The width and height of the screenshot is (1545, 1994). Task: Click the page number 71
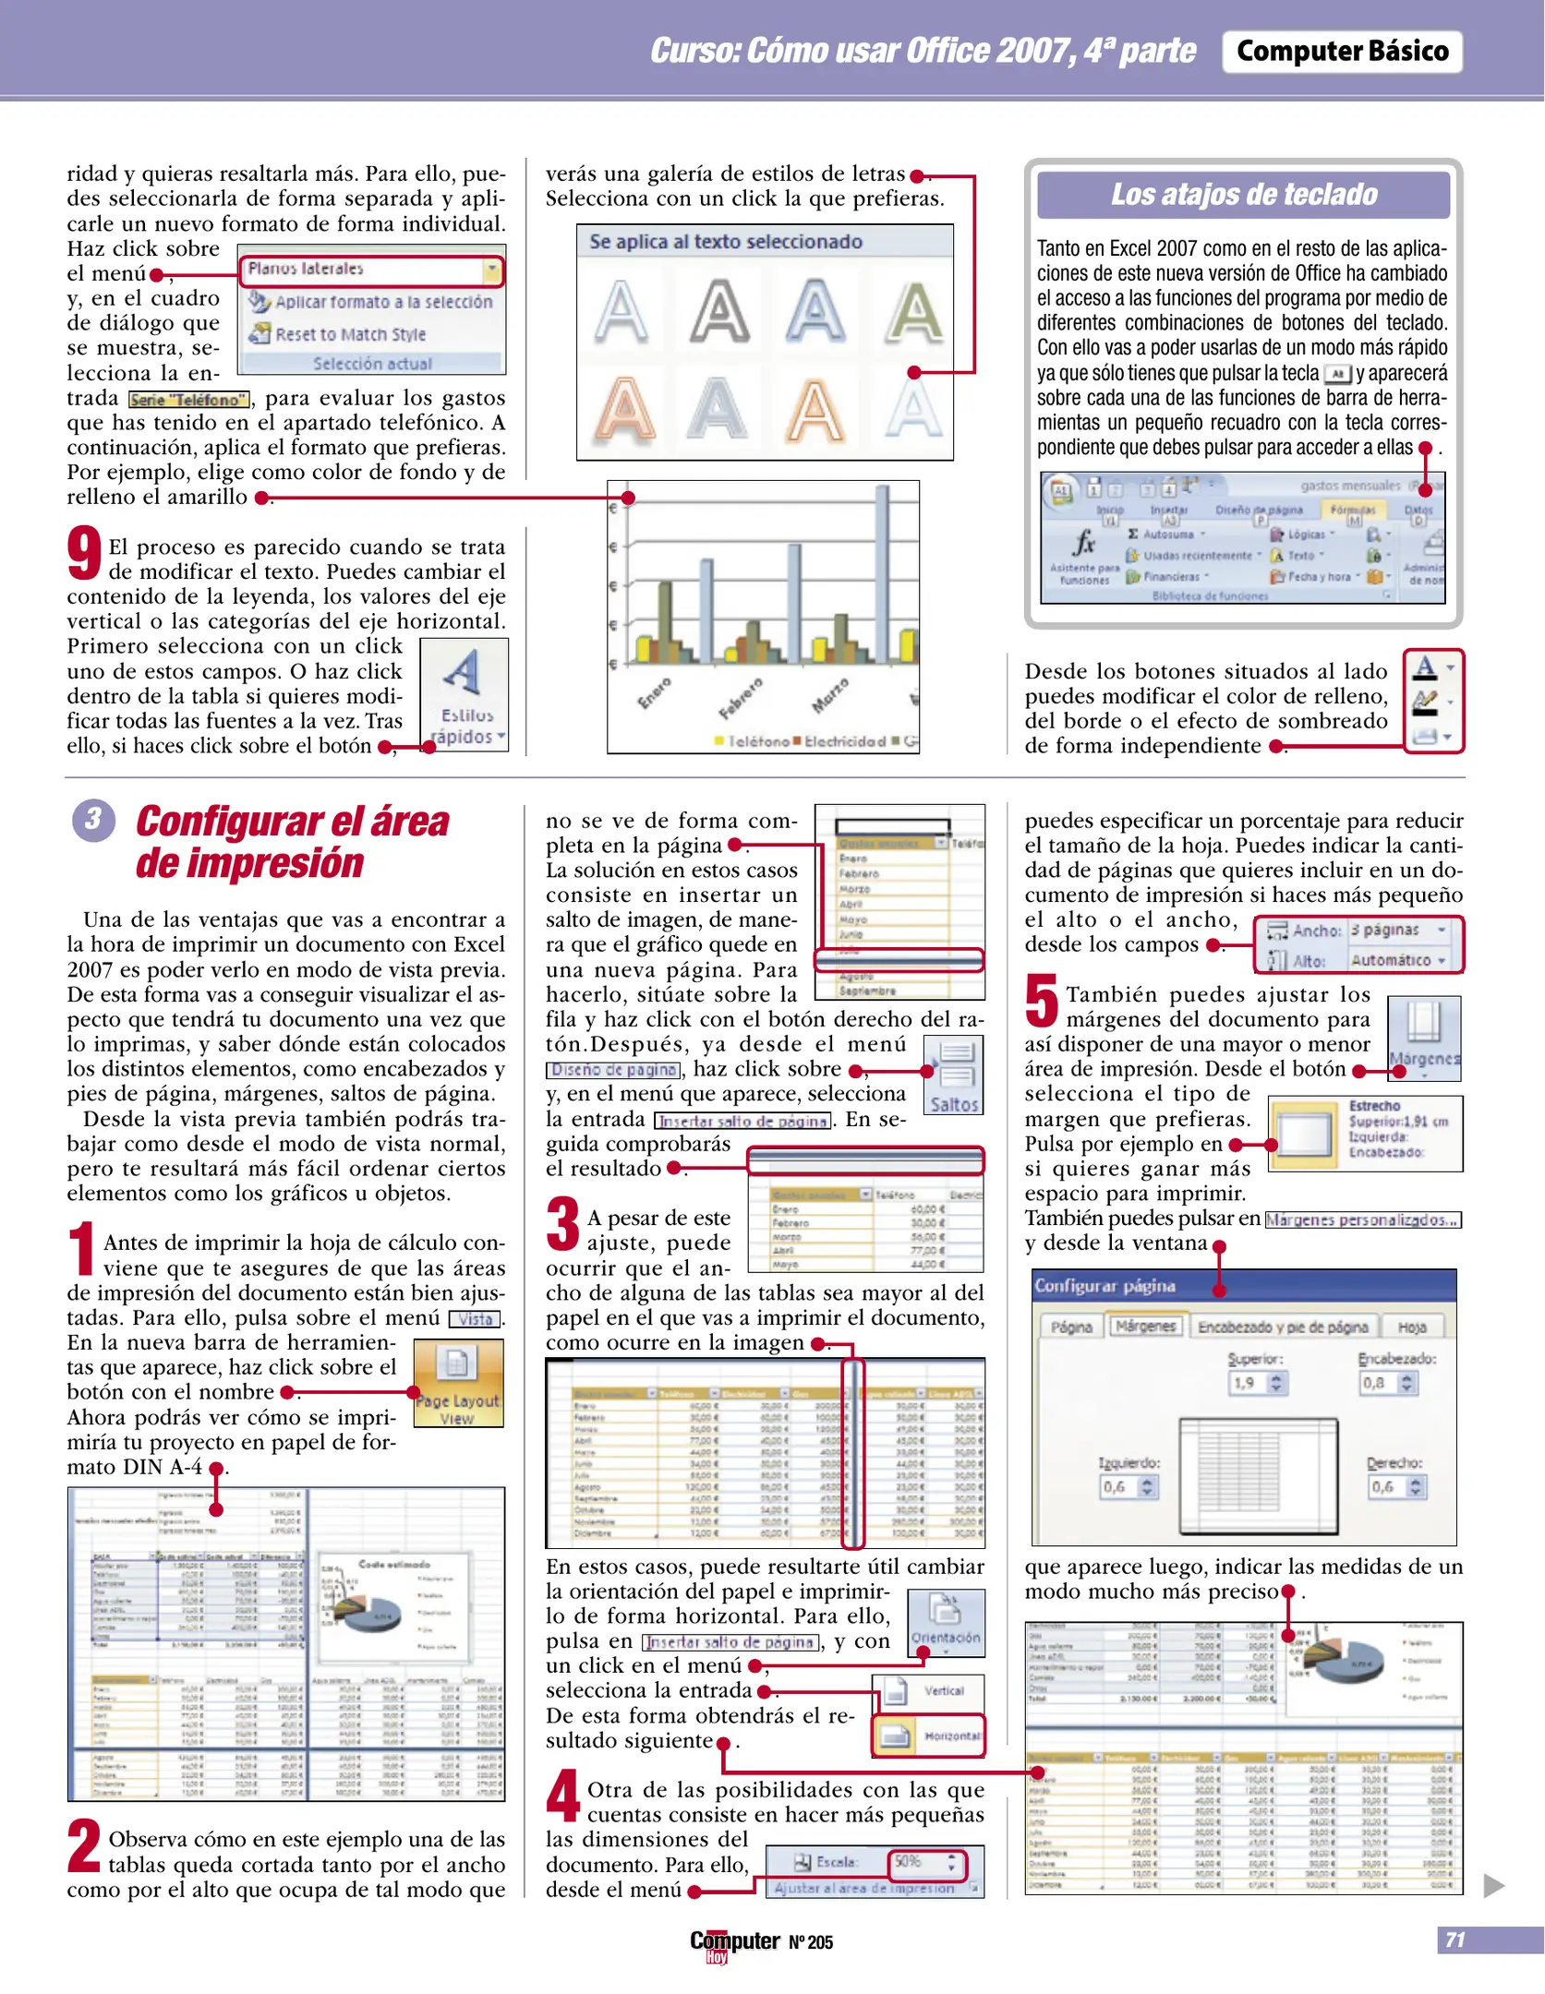[1454, 1939]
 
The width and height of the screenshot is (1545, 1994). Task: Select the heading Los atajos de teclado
[1243, 195]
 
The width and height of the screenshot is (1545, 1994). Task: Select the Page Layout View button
[458, 1382]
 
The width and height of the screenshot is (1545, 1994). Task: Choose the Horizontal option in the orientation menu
[929, 1736]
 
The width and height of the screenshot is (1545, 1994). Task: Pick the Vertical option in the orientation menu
[929, 1690]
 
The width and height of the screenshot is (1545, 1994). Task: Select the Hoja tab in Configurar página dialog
[1411, 1327]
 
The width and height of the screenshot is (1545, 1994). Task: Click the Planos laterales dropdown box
[371, 270]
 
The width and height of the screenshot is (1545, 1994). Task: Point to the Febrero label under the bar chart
[742, 697]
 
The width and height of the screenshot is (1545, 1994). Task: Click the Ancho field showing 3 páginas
[1397, 931]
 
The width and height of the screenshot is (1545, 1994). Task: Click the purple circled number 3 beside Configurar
[93, 819]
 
